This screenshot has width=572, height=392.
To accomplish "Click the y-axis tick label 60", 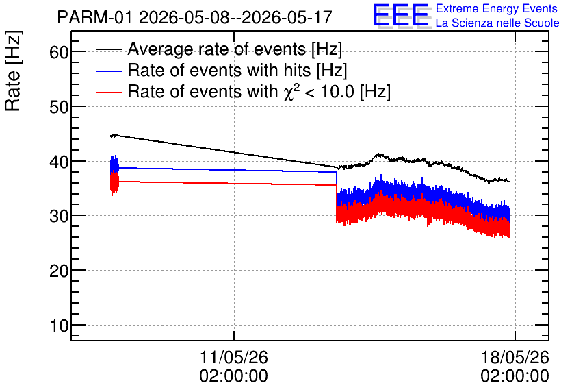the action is click(59, 52).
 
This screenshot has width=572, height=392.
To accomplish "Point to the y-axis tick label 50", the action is click(59, 107).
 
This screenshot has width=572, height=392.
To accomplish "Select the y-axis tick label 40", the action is click(59, 162).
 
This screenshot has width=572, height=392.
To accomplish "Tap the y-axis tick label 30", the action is click(59, 216).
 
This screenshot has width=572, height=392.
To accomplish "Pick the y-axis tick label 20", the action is click(59, 271).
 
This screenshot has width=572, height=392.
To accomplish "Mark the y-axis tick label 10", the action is click(59, 325).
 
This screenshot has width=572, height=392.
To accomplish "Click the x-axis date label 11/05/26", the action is click(234, 357).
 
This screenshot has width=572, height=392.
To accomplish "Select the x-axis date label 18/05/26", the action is click(515, 357).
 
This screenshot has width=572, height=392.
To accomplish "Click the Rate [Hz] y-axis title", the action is click(13, 71).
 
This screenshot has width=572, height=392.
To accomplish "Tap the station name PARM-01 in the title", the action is click(94, 17).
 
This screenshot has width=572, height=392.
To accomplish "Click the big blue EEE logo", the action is click(400, 16).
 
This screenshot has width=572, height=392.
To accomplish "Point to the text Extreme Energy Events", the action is click(497, 8).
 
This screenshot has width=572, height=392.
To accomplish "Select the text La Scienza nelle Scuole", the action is click(497, 23).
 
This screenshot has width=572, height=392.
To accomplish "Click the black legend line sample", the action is click(109, 49).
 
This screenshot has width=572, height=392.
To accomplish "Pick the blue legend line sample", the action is click(109, 71).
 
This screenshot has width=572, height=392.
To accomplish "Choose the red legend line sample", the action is click(109, 92).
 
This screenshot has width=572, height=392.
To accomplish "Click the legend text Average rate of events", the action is click(217, 49).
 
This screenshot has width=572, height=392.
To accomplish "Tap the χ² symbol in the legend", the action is click(289, 91).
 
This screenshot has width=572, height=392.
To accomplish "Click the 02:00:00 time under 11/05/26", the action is click(234, 376).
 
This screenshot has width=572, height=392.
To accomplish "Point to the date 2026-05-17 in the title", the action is click(287, 17).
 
